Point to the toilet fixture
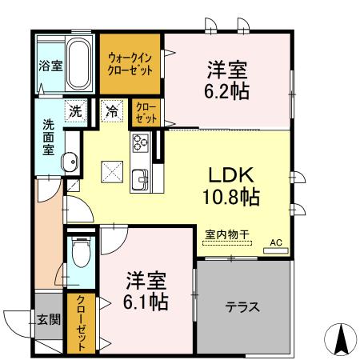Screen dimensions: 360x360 (81, 254)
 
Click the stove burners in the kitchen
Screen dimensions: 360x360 (141, 143)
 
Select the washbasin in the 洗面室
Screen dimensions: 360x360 (70, 162)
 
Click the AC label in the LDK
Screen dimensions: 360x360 (275, 242)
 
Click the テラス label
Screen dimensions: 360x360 (242, 306)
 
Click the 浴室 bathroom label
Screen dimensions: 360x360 (50, 66)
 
